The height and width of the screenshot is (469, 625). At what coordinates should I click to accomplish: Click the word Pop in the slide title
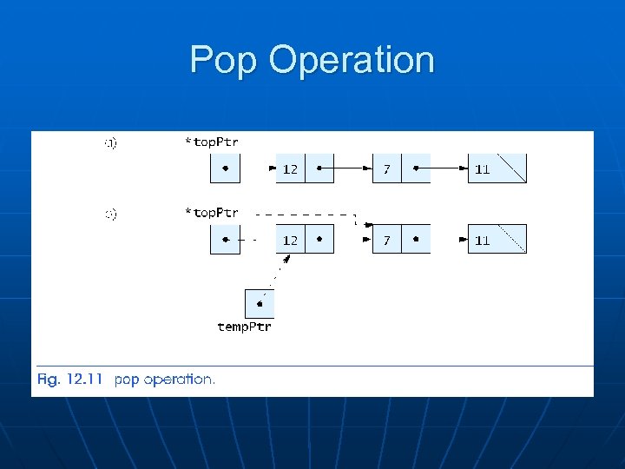[x=223, y=61]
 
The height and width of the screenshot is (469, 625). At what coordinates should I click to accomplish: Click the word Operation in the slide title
[x=352, y=61]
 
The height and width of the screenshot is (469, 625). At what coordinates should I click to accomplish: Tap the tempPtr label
[x=244, y=327]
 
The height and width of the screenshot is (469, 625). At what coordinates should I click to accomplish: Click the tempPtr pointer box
[x=260, y=303]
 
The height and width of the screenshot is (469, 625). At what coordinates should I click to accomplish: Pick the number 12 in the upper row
[x=290, y=169]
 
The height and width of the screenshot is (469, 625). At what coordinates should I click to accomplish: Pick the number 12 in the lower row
[x=290, y=240]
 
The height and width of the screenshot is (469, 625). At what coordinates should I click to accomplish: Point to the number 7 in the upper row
[x=386, y=169]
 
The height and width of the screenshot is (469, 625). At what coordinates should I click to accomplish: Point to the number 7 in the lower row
[x=386, y=240]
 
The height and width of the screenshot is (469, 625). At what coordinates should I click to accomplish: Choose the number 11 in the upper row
[x=482, y=169]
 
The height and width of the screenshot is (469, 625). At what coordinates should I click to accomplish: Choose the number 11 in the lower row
[x=482, y=241]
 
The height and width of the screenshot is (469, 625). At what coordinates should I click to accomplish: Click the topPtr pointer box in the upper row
[x=225, y=168]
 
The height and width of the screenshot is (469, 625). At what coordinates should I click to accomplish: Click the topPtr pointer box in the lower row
[x=225, y=239]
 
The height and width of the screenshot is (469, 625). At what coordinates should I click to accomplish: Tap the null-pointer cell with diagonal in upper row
[x=512, y=168]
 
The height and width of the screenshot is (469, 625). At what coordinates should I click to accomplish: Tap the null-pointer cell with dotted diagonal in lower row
[x=512, y=239]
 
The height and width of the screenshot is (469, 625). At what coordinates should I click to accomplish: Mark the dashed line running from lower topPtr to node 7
[x=304, y=214]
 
